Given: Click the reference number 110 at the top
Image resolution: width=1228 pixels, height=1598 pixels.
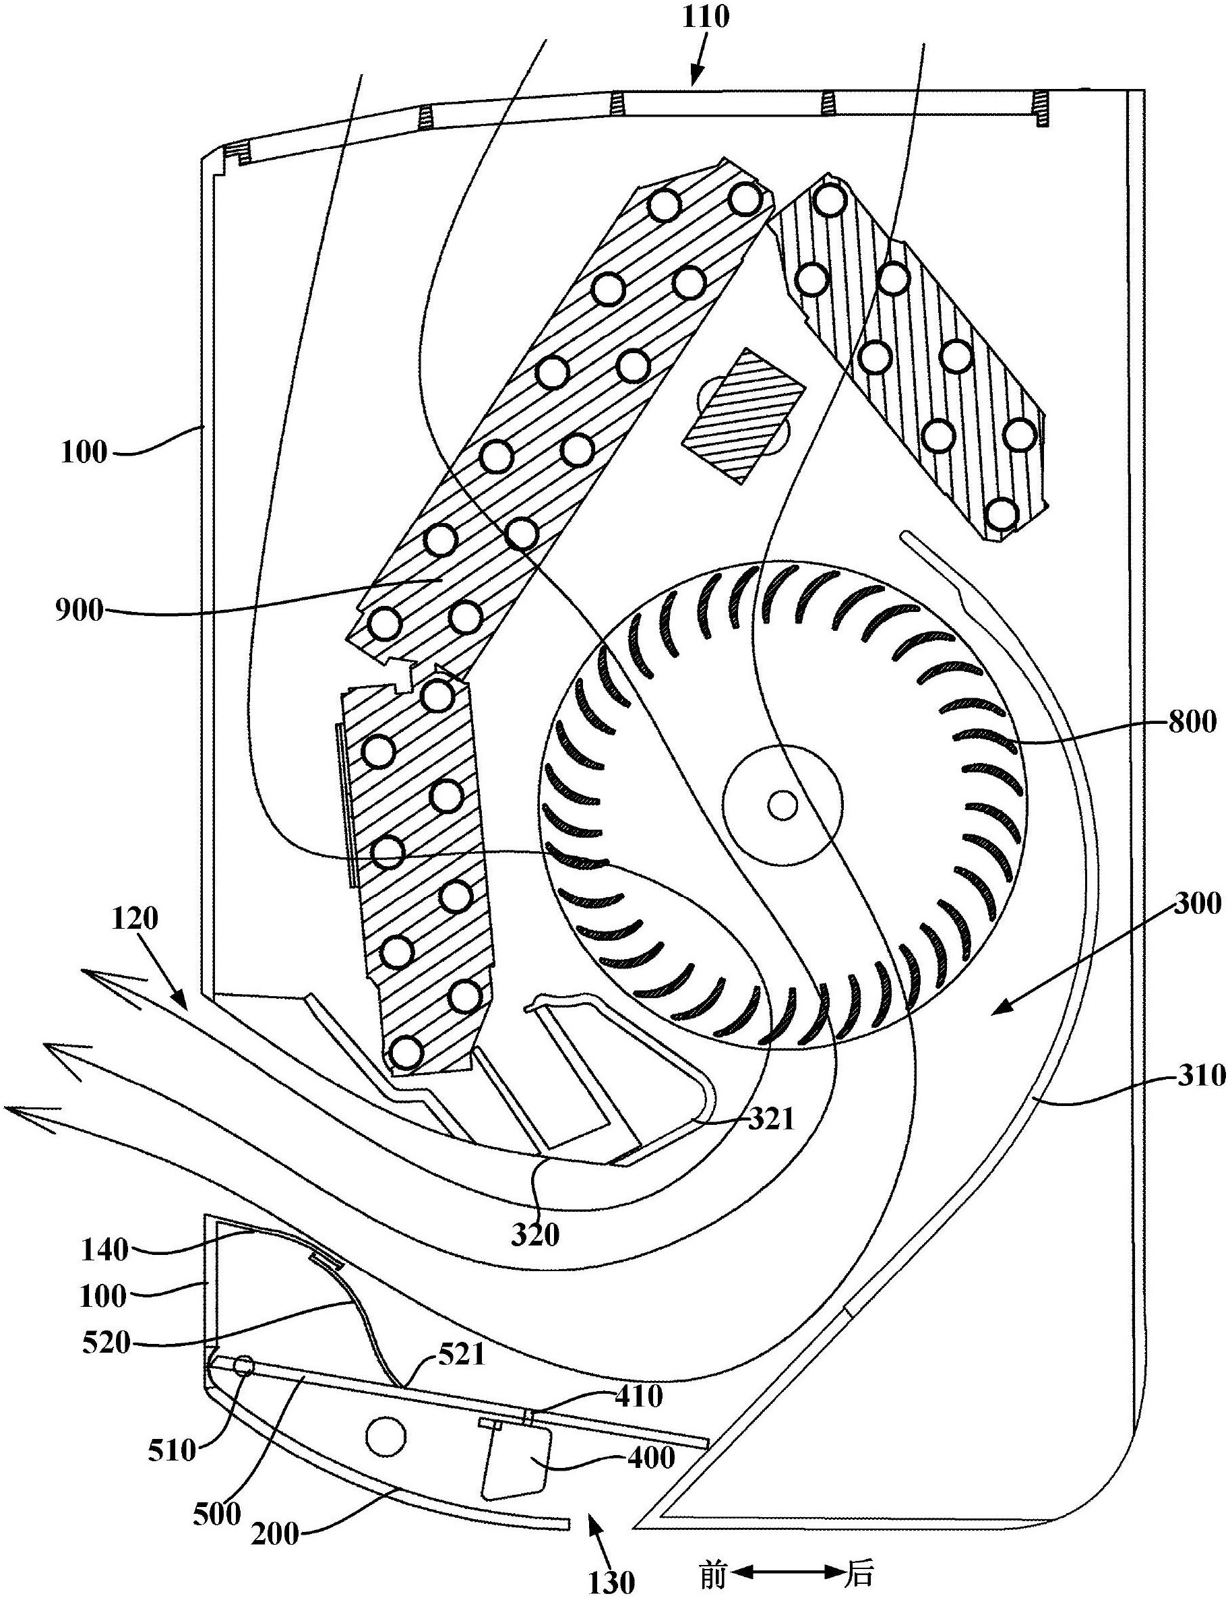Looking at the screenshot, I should [x=706, y=16].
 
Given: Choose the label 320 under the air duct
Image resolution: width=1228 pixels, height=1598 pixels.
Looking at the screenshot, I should [x=535, y=1234].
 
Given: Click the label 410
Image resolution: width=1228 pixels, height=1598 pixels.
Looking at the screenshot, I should [x=639, y=1396].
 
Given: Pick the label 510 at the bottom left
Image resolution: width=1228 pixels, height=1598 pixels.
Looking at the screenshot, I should [x=172, y=1450].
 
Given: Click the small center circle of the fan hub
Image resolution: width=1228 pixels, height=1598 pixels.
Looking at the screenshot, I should [x=782, y=805].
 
